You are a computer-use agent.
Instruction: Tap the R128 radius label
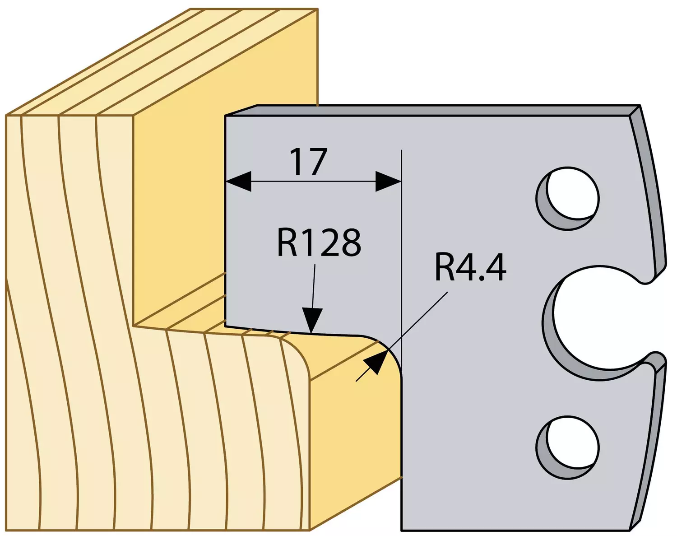click(319, 242)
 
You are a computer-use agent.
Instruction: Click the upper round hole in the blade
click(567, 198)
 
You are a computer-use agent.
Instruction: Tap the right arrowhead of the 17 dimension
click(388, 181)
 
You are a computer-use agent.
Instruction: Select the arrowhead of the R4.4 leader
click(376, 363)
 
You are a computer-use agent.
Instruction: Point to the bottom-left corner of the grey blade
click(402, 531)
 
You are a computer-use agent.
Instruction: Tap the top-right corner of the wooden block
click(317, 9)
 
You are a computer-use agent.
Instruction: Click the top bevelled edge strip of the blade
click(432, 111)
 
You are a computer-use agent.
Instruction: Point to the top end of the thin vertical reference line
click(402, 150)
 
